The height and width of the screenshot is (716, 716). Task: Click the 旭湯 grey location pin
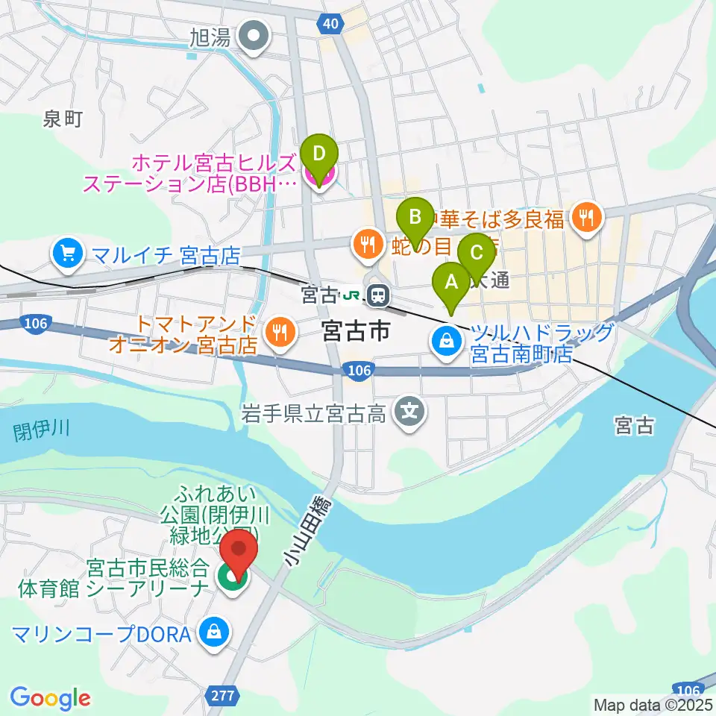(255, 36)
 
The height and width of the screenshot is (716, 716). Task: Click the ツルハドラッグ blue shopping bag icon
(446, 341)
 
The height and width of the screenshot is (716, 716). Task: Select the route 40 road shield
(330, 24)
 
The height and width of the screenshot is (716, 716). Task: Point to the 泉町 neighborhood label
(62, 119)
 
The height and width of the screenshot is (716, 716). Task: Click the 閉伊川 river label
(41, 430)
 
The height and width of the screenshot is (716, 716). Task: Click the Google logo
(50, 697)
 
